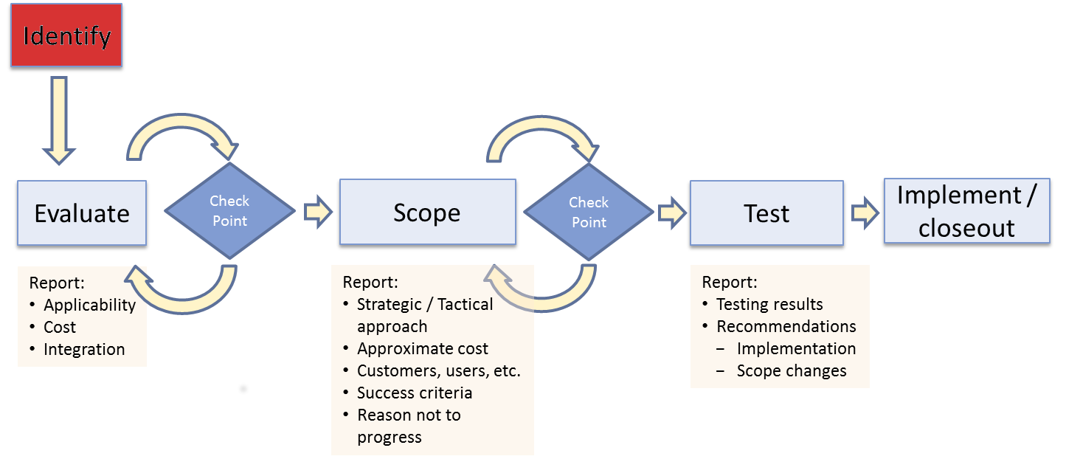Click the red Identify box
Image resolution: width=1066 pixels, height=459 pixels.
[x=66, y=35]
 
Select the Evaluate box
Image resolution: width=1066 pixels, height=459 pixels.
[x=82, y=213]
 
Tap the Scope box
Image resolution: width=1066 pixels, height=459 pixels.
[x=427, y=212]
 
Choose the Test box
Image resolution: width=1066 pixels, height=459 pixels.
[x=766, y=213]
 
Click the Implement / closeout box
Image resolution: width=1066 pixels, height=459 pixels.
[x=967, y=211]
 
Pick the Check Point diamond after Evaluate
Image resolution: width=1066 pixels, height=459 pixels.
[x=230, y=211]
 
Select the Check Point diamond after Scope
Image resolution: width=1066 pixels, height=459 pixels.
[x=589, y=212]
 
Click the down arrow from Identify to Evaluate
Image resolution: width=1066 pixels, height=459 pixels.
[x=59, y=120]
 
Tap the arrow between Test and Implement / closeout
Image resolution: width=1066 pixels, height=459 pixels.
[x=865, y=213]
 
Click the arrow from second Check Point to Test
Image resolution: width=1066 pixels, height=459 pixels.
[x=672, y=213]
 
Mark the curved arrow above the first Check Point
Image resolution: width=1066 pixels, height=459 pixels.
[x=182, y=122]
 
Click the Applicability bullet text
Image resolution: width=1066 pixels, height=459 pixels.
[x=89, y=305]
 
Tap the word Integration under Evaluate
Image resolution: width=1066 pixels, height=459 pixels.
[x=84, y=349]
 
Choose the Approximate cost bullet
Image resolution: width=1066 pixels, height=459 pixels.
[x=423, y=348]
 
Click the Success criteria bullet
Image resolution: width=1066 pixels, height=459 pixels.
[x=415, y=393]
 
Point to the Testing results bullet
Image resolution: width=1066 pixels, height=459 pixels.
[x=769, y=304]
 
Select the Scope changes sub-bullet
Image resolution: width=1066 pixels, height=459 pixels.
[x=792, y=370]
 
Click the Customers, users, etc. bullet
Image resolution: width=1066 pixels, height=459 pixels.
[x=439, y=370]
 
